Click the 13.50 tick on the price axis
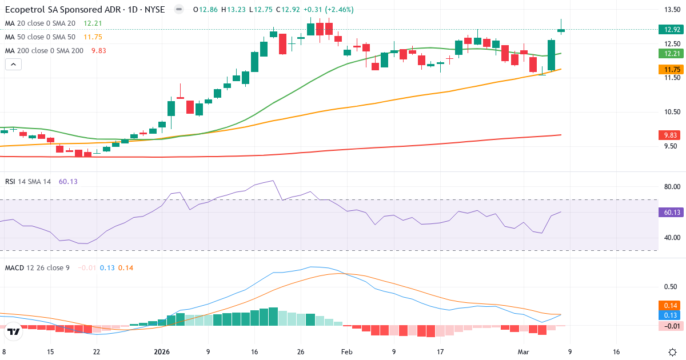coord(671,10)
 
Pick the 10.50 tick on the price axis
coord(671,112)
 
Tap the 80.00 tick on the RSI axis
coord(671,187)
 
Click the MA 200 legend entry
coord(44,50)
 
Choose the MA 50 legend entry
coord(40,37)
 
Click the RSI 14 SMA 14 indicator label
coord(28,181)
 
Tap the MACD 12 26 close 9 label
coord(37,267)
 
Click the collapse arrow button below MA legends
coord(13,64)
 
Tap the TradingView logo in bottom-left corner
coord(14,331)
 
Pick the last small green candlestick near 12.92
coord(561,30)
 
